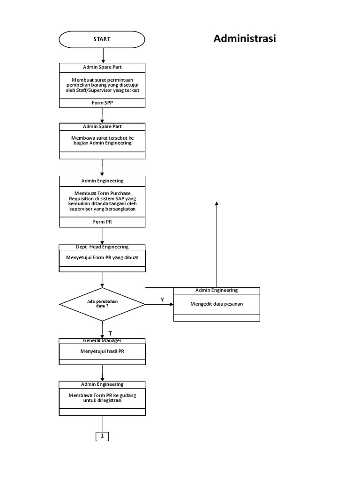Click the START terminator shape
coord(102,39)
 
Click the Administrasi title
coord(245,38)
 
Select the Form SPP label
coord(102,103)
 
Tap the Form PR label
coord(102,222)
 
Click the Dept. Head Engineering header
coord(102,247)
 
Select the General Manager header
coord(102,341)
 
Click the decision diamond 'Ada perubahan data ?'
coord(102,304)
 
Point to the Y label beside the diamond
coord(162,300)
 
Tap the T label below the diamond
coord(110,333)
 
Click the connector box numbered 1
coord(102,436)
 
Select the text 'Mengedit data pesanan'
coord(217,304)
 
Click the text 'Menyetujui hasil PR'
coord(102,351)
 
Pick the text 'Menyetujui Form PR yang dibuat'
coord(102,258)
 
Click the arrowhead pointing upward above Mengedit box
coord(217,202)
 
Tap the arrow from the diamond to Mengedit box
coord(159,304)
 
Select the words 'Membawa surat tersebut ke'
coord(102,138)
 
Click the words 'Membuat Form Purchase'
coord(102,193)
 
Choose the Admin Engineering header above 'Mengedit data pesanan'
coord(217,291)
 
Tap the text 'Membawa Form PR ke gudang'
coord(102,395)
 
